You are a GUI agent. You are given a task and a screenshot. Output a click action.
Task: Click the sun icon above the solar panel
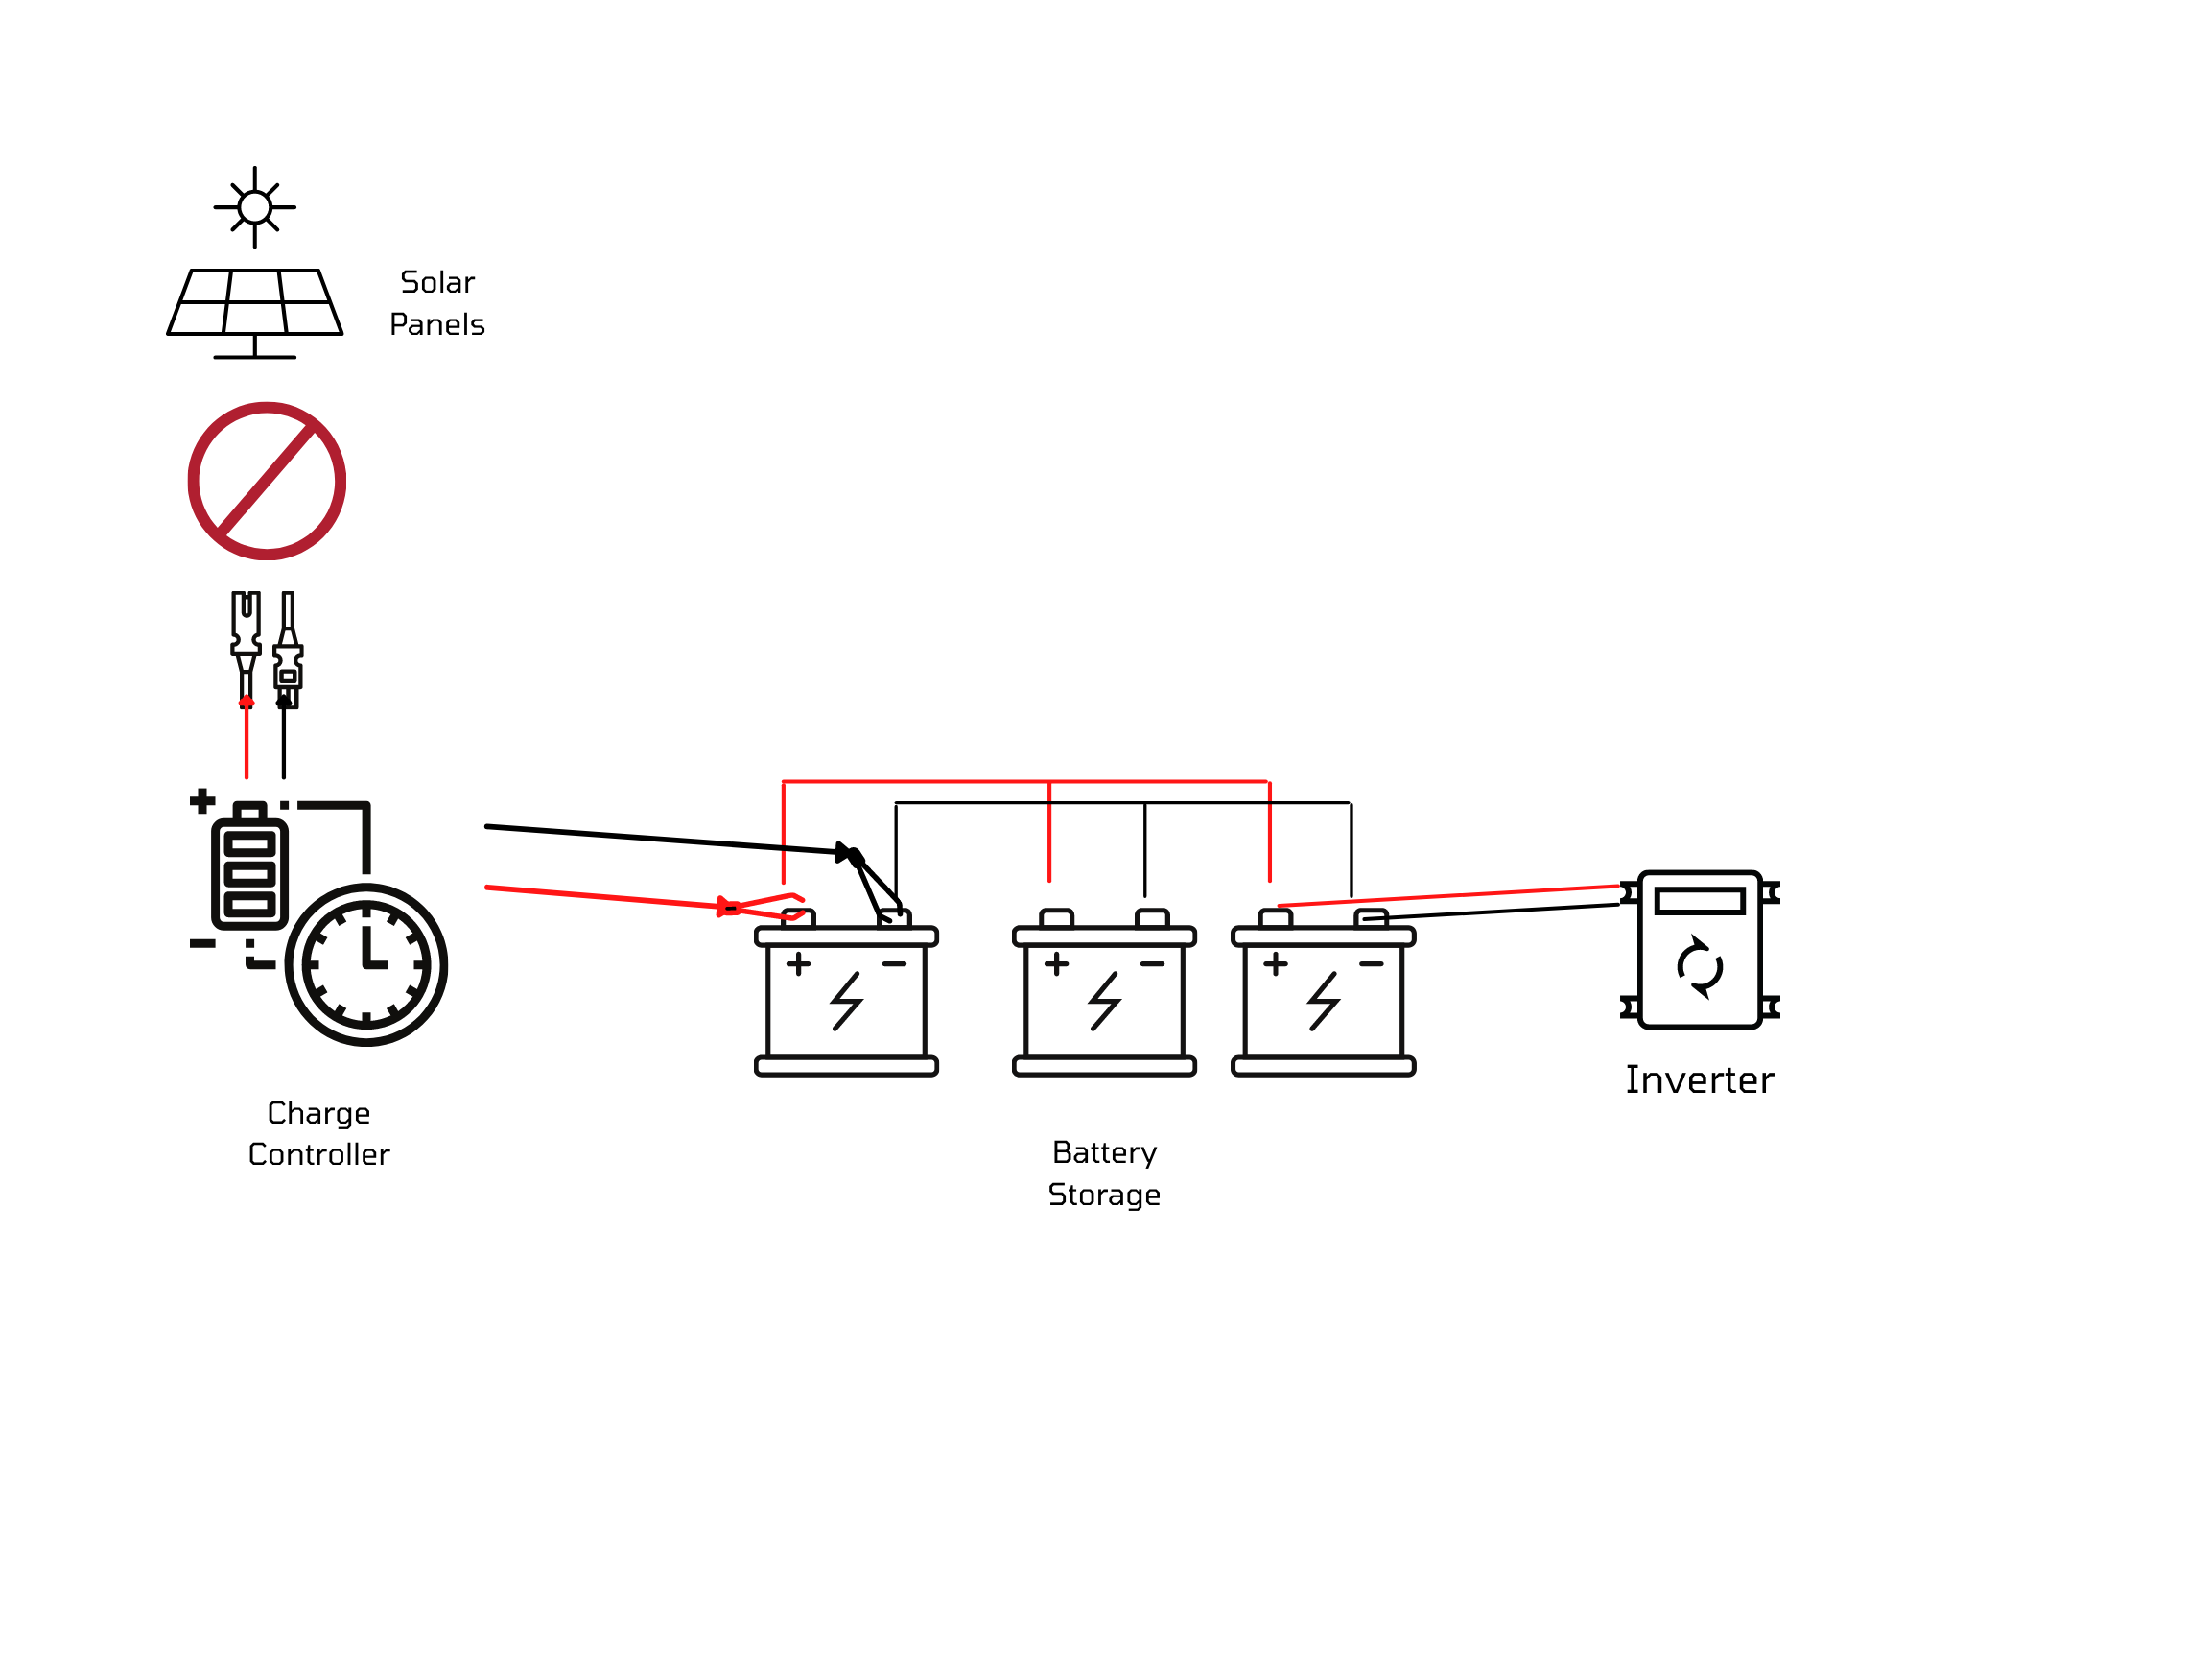coord(255,207)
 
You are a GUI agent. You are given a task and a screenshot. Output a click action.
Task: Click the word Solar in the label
coord(436,283)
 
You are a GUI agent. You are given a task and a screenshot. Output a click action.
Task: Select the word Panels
coord(436,325)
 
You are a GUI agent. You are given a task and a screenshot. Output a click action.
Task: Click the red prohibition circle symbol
coord(267,481)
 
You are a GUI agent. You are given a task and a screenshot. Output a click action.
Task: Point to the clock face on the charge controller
coord(366,964)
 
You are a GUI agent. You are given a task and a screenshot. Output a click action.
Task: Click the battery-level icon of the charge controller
coord(249,872)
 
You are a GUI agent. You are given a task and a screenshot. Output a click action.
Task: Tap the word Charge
coord(318,1113)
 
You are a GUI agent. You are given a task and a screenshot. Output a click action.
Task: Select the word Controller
coord(318,1154)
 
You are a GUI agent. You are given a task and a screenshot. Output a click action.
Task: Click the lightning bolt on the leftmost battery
coord(846,1001)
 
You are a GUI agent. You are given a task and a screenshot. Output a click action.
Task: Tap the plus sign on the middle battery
coord(1056,963)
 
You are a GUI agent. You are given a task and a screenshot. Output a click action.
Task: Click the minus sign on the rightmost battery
coord(1371,964)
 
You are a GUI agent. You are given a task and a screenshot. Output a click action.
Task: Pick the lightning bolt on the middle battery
coord(1104,1001)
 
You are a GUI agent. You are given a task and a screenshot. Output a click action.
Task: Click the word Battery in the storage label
coord(1104,1152)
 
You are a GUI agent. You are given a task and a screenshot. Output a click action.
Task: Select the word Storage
coord(1104,1195)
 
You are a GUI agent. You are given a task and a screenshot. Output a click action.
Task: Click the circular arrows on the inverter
coord(1700,966)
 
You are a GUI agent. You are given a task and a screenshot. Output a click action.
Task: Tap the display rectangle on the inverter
coord(1700,900)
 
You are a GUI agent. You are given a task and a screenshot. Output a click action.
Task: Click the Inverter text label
coord(1700,1080)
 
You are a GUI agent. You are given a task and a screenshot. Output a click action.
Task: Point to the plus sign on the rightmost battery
coord(1275,963)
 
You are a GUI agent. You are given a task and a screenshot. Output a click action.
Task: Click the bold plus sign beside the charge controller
coord(201,800)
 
